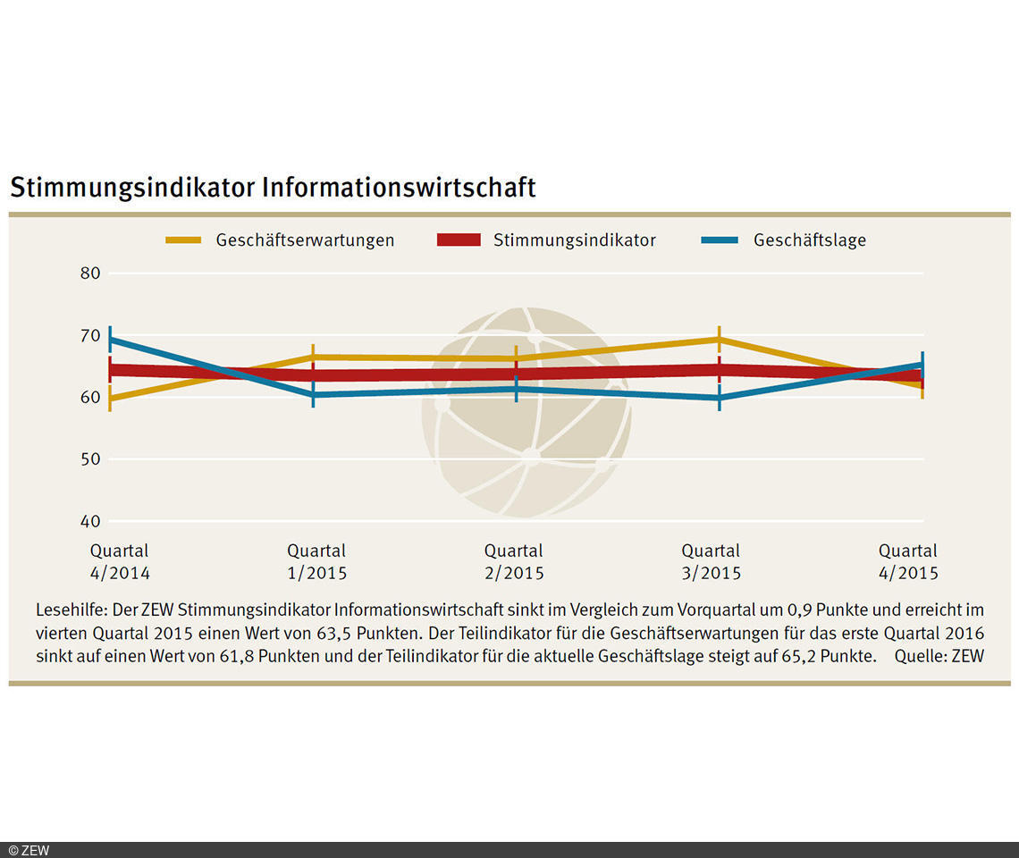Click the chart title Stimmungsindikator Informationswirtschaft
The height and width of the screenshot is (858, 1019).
[273, 188]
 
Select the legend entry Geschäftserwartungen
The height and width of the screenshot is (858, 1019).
[305, 240]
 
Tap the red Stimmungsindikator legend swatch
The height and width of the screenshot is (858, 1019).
[459, 240]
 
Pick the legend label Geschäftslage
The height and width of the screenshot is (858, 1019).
[809, 240]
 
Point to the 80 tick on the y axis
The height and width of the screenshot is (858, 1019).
[90, 273]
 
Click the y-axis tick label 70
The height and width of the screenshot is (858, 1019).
[90, 336]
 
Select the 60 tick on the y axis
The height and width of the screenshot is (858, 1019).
[90, 397]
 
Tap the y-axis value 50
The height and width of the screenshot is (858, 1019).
[90, 459]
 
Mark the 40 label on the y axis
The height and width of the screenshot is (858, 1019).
[90, 521]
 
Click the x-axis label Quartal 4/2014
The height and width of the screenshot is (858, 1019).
[120, 562]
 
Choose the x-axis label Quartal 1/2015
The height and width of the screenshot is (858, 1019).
[316, 562]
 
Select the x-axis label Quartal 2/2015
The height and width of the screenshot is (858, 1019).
[514, 562]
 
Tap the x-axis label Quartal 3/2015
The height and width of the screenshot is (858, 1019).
[711, 562]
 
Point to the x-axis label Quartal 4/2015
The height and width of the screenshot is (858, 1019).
[908, 562]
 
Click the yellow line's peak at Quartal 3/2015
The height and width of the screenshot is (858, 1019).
[719, 340]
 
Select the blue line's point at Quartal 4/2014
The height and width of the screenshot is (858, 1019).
[110, 340]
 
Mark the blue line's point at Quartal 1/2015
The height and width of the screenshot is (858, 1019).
[313, 394]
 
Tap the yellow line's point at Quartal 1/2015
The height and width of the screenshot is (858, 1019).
[313, 357]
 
